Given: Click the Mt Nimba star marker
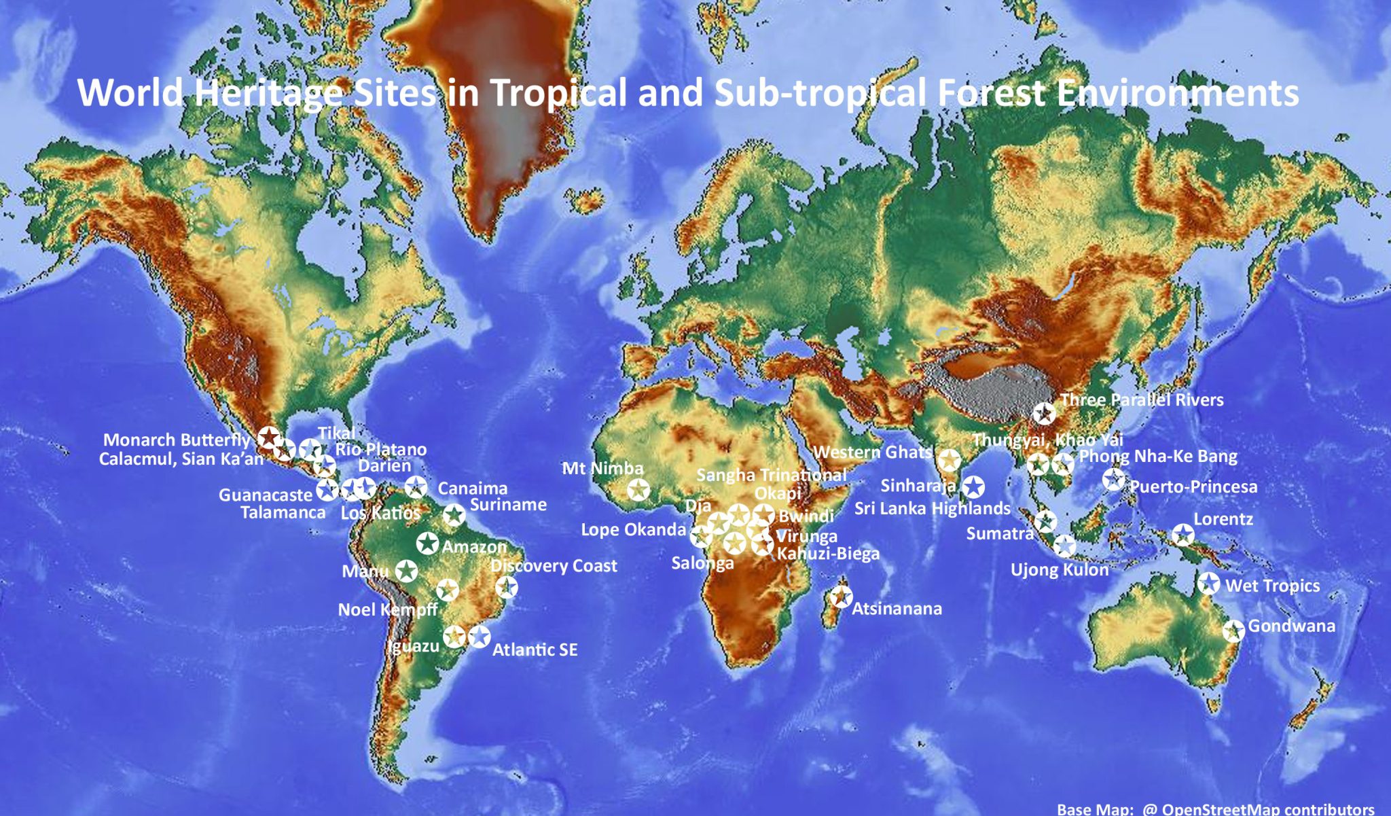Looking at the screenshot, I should [638, 489].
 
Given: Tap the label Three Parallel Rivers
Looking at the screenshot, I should [1142, 400].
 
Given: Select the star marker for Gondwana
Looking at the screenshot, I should [1233, 631].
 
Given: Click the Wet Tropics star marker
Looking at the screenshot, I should [1208, 583].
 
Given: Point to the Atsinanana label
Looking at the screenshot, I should [897, 609].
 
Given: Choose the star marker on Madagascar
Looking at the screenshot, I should [841, 597].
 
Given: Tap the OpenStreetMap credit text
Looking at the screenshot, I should [1216, 809].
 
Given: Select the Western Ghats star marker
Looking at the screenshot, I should [949, 461].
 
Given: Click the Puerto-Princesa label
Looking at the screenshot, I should [1193, 486].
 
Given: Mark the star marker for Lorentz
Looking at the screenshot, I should [1182, 535].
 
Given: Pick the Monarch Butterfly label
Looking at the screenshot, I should [177, 440].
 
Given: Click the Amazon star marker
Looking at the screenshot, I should [427, 543].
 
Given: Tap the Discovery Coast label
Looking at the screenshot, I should [554, 565].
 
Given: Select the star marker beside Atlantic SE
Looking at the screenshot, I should [479, 637].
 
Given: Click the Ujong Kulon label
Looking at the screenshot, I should [1060, 569].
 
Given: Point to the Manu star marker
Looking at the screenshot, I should [406, 571].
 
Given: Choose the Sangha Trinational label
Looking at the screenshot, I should [771, 475].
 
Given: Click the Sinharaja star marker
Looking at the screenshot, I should [973, 486].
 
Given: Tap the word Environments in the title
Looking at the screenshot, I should [1178, 92].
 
